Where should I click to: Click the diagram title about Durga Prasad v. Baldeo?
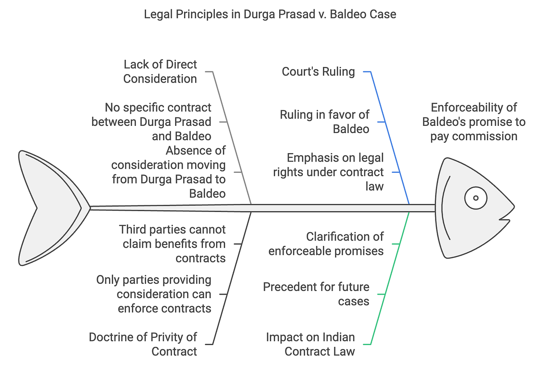270,14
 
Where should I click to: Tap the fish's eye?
476,198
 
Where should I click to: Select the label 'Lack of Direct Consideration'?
160,71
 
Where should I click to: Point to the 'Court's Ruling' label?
318,71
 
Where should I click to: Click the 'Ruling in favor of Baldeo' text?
325,121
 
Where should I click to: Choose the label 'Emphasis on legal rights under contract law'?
328,172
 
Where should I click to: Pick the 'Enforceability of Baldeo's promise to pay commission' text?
474,121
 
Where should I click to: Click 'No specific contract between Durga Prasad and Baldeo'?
151,121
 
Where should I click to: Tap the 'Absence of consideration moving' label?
168,172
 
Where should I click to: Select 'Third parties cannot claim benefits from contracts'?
172,244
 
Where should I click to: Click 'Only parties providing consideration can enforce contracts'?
154,294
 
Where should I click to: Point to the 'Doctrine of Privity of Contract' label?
143,344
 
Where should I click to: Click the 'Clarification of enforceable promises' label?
326,244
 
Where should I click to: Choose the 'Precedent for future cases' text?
316,294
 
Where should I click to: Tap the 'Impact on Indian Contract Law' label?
310,344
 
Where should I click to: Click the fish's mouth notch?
504,219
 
